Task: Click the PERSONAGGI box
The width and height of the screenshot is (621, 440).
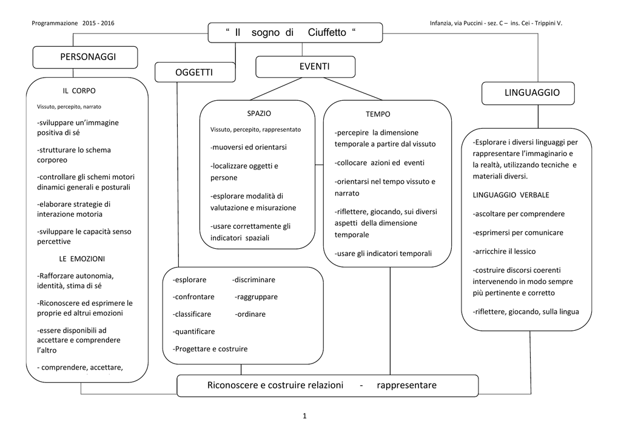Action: (x=85, y=57)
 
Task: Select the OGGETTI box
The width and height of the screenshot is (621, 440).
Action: (x=195, y=72)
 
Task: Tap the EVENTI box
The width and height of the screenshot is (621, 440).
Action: (x=306, y=67)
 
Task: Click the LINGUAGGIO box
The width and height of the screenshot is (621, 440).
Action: (x=528, y=93)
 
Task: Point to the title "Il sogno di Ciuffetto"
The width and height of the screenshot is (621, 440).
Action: (x=291, y=33)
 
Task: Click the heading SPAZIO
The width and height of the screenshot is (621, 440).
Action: (x=259, y=113)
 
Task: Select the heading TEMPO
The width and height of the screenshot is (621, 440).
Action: (x=378, y=115)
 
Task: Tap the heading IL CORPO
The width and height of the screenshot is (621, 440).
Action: (x=79, y=91)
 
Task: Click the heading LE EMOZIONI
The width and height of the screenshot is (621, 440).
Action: (x=82, y=259)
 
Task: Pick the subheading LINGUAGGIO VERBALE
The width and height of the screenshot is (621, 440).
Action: (x=511, y=195)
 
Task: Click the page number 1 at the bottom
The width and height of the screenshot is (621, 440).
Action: (x=304, y=416)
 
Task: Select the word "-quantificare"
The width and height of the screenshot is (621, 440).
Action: (x=193, y=331)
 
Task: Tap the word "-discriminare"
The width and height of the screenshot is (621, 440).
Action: (x=253, y=280)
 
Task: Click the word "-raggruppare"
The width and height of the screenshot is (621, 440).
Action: (x=257, y=297)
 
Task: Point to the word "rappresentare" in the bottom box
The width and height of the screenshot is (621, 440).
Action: (x=407, y=385)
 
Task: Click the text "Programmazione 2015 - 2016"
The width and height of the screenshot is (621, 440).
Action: (x=73, y=24)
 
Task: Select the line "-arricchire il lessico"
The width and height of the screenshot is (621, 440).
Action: (x=504, y=251)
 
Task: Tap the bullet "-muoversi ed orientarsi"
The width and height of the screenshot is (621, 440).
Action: (x=248, y=147)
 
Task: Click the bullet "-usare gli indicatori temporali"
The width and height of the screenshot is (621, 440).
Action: (x=383, y=254)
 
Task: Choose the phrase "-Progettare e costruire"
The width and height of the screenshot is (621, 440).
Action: (x=210, y=349)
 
